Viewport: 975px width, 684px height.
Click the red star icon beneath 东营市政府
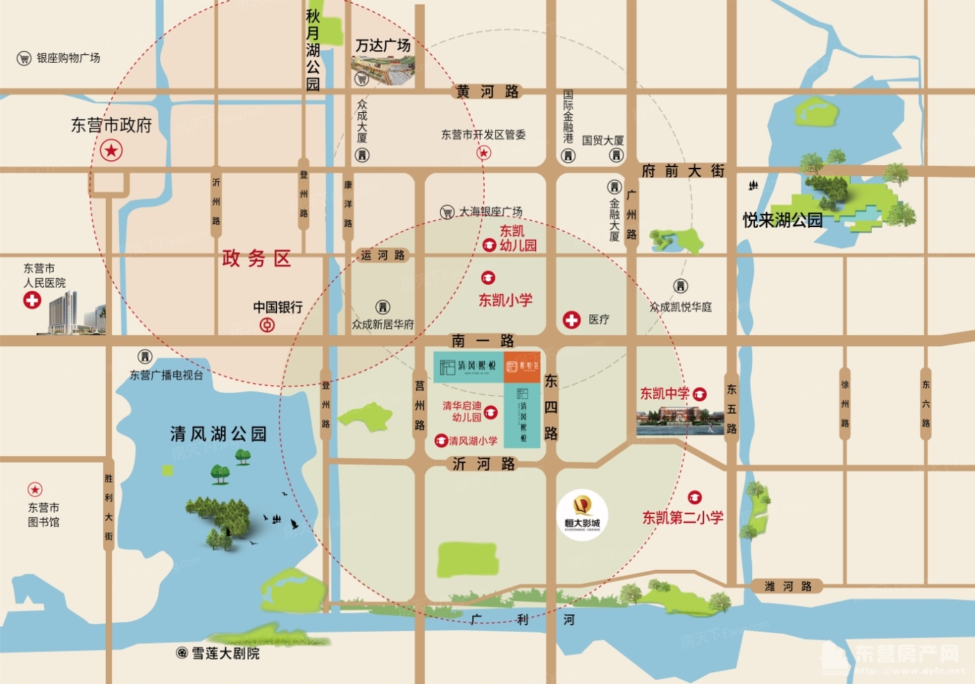(111, 150)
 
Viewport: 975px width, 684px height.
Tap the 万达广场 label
(383, 46)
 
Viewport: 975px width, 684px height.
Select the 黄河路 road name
(487, 92)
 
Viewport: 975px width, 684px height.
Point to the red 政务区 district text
(256, 259)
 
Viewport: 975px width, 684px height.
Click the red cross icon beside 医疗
(572, 320)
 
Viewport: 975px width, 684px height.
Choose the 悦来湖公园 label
(783, 221)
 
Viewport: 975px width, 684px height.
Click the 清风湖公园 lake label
(219, 435)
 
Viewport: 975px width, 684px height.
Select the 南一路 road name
(483, 341)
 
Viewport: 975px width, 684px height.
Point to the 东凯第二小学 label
(682, 518)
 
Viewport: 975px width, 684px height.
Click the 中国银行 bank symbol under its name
(267, 325)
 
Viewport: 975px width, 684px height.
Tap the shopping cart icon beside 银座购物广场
(24, 59)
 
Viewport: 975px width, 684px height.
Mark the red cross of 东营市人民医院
(32, 300)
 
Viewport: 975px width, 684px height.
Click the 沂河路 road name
(483, 464)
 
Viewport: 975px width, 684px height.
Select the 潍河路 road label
(788, 586)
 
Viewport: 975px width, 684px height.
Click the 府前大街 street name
(683, 171)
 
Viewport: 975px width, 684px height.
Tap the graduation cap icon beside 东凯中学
(700, 394)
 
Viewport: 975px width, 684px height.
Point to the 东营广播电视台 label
(166, 375)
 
